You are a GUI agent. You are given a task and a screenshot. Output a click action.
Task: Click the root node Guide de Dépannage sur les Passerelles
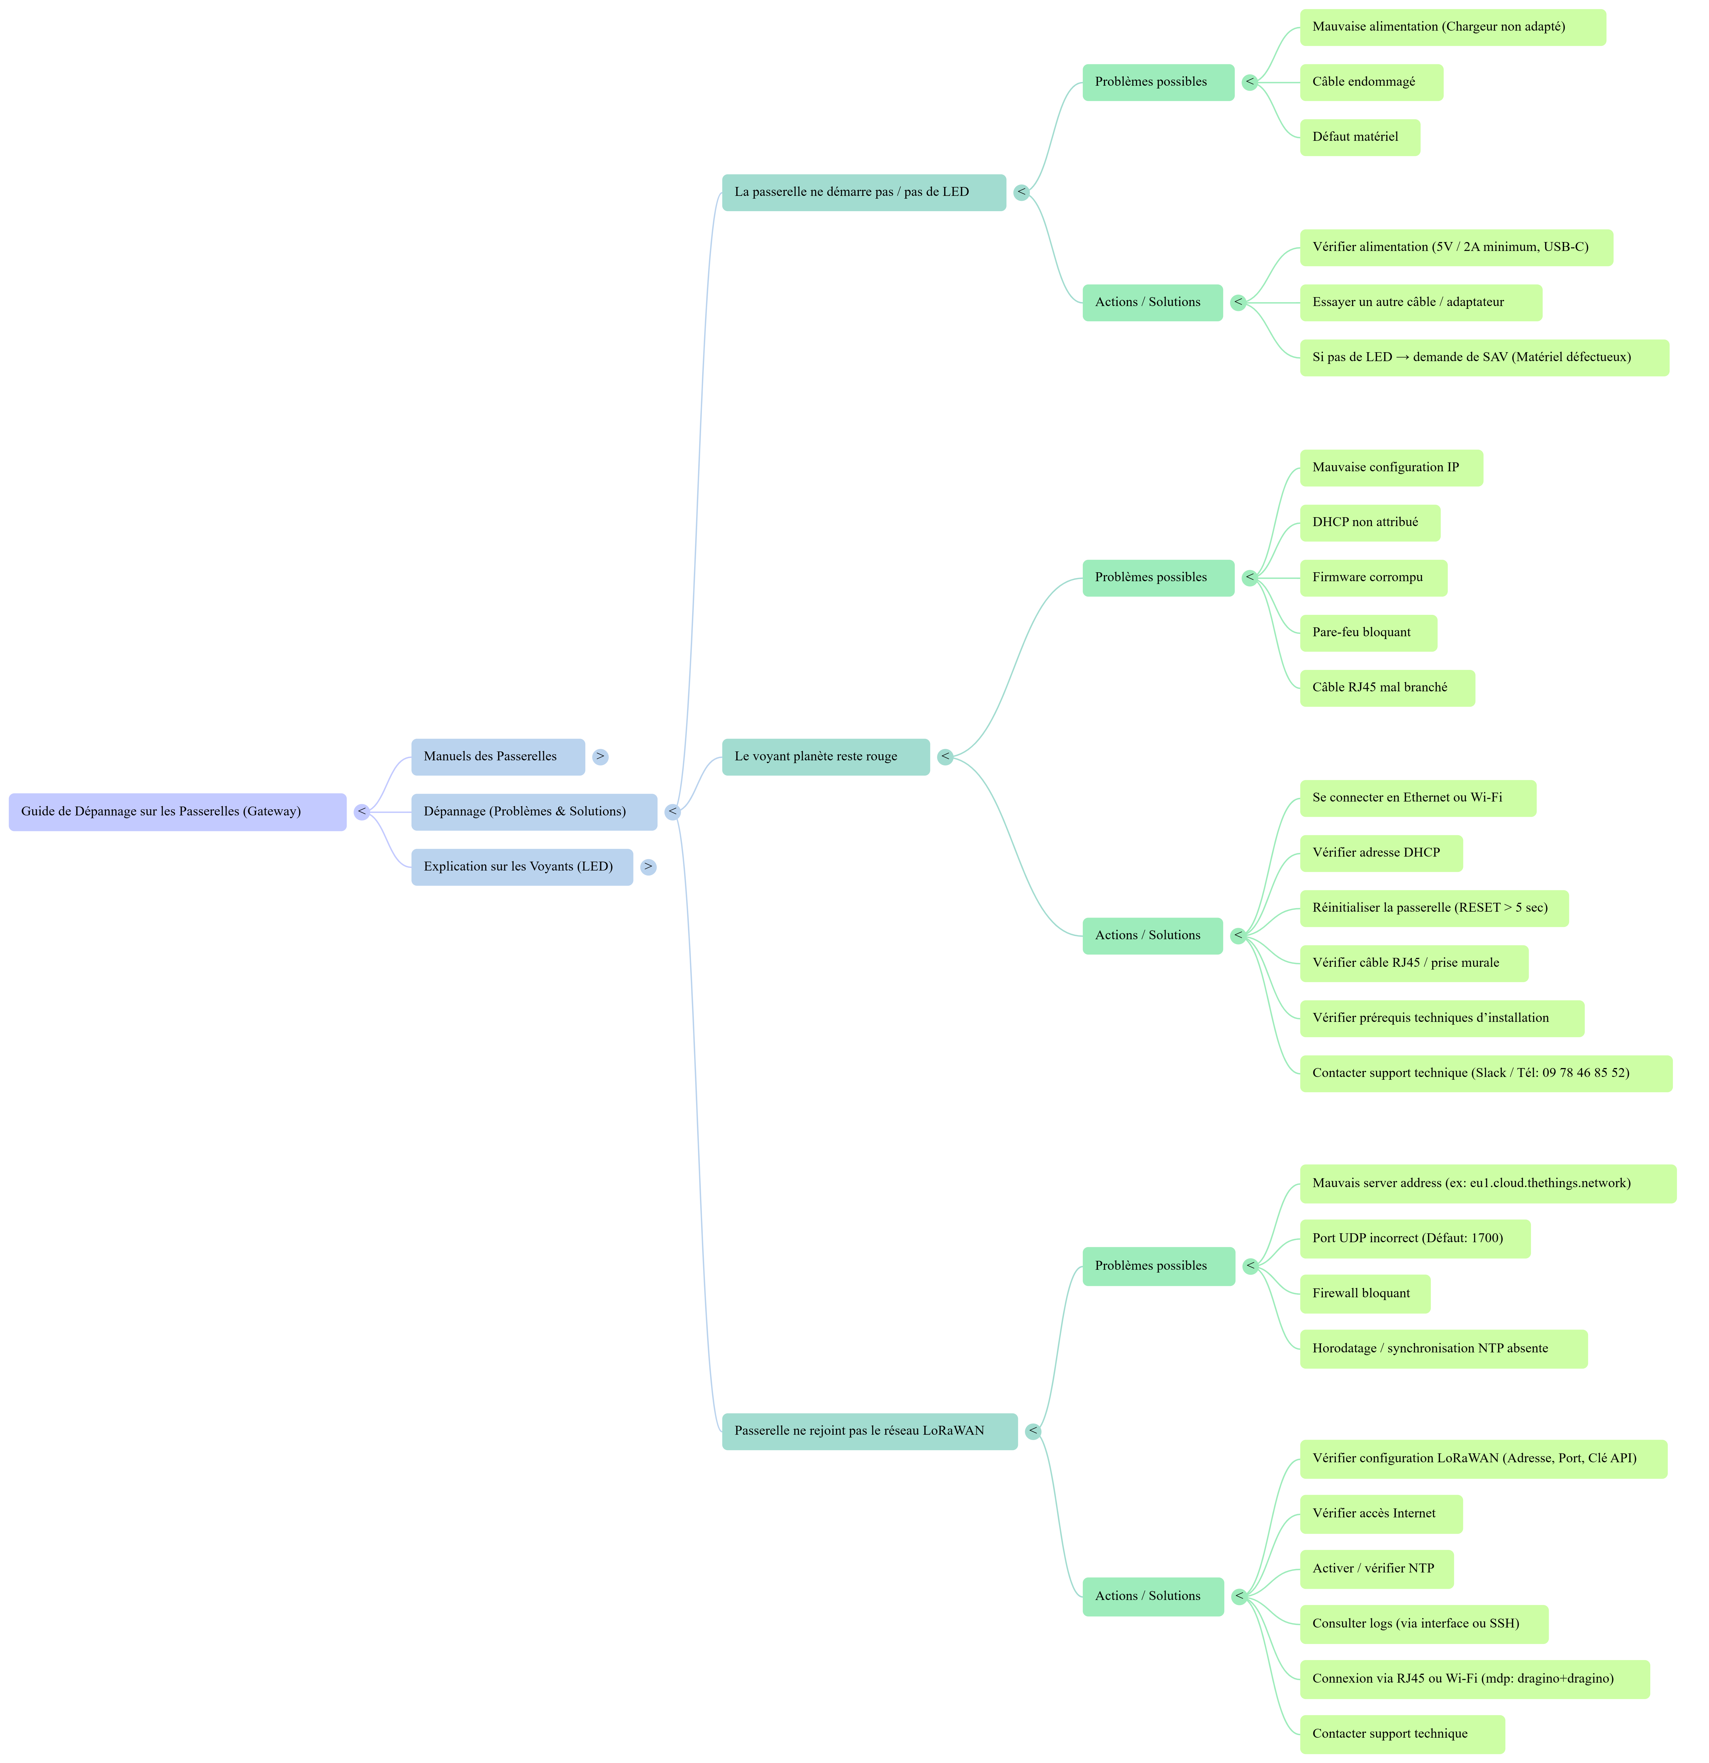(x=177, y=811)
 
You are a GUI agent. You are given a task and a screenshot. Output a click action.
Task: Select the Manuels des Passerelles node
(x=498, y=756)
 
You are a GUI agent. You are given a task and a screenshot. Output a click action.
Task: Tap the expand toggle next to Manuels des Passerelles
(x=600, y=756)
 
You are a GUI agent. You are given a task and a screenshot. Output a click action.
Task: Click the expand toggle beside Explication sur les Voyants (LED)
(x=648, y=866)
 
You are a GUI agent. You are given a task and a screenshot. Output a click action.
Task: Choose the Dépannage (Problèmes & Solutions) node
(x=534, y=811)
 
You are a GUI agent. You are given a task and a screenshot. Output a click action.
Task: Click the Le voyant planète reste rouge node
(x=826, y=756)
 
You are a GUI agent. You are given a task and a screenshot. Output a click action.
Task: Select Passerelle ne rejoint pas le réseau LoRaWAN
(x=870, y=1431)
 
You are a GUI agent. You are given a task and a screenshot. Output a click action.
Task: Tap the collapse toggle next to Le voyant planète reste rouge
(x=944, y=756)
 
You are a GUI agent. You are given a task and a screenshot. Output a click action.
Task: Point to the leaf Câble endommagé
(x=1372, y=82)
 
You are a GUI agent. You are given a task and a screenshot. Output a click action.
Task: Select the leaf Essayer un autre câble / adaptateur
(x=1421, y=302)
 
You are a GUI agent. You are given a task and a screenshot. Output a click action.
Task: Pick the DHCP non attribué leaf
(x=1370, y=522)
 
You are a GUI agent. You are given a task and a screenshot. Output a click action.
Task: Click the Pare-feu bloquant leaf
(x=1368, y=632)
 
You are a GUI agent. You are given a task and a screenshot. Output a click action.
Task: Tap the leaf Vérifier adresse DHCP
(x=1382, y=853)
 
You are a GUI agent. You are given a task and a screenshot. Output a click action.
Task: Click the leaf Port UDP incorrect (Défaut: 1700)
(x=1415, y=1239)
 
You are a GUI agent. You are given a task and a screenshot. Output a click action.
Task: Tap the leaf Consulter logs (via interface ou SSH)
(x=1424, y=1624)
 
